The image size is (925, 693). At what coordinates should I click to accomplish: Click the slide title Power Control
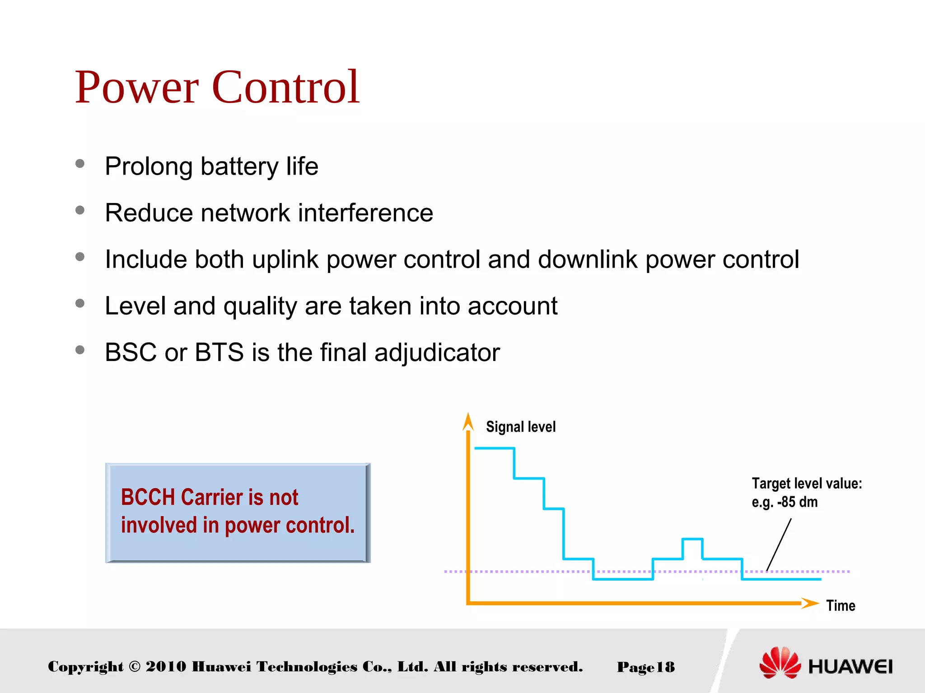pyautogui.click(x=217, y=87)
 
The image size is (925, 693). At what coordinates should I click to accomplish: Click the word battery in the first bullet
pyautogui.click(x=239, y=166)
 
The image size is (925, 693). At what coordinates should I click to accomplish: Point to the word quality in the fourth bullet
pyautogui.click(x=260, y=306)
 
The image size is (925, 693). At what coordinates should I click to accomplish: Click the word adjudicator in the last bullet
pyautogui.click(x=437, y=352)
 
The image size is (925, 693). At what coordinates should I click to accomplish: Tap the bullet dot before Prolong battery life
pyautogui.click(x=80, y=164)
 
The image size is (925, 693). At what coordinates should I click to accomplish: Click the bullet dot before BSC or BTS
pyautogui.click(x=80, y=350)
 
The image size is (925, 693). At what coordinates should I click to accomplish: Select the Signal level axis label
pyautogui.click(x=520, y=427)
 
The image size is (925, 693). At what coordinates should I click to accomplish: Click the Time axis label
pyautogui.click(x=841, y=605)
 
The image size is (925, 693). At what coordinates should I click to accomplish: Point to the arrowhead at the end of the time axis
pyautogui.click(x=810, y=603)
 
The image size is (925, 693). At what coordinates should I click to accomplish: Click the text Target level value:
pyautogui.click(x=807, y=484)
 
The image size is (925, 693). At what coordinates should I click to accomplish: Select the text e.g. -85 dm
pyautogui.click(x=785, y=502)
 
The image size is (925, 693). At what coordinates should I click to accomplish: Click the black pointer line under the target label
pyautogui.click(x=779, y=545)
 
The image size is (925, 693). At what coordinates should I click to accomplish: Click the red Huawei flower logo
pyautogui.click(x=780, y=663)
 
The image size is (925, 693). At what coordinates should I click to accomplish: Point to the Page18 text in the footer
pyautogui.click(x=645, y=667)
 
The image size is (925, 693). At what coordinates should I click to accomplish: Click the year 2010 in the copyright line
pyautogui.click(x=165, y=666)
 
